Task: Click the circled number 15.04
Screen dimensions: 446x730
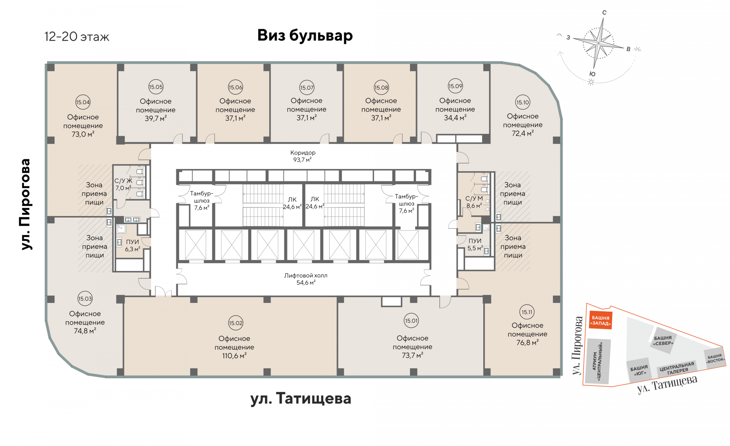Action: (83, 102)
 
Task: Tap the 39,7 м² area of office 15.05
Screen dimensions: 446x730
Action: (156, 118)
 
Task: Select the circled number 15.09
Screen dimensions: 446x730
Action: (455, 86)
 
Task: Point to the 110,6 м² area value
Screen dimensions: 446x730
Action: (234, 356)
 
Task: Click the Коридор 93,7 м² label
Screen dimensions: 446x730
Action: (303, 156)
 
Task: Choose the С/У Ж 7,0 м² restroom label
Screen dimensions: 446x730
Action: (123, 184)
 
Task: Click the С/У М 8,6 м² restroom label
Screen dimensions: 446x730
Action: (474, 202)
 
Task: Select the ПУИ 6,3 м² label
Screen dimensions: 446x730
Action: (132, 245)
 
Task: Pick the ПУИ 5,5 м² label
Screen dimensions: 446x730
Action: (475, 244)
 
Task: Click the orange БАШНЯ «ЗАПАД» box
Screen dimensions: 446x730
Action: (600, 320)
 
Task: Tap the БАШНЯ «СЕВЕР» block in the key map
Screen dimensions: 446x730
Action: (663, 340)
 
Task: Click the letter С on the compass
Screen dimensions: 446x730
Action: (604, 13)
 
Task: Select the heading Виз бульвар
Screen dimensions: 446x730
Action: (305, 35)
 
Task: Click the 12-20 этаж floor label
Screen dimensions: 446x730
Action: (77, 37)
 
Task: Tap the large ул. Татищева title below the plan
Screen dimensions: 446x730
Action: (300, 398)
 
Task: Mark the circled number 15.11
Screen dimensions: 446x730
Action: (527, 312)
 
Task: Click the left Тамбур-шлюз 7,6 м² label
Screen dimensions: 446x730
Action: (202, 201)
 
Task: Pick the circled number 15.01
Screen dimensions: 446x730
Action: (411, 320)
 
